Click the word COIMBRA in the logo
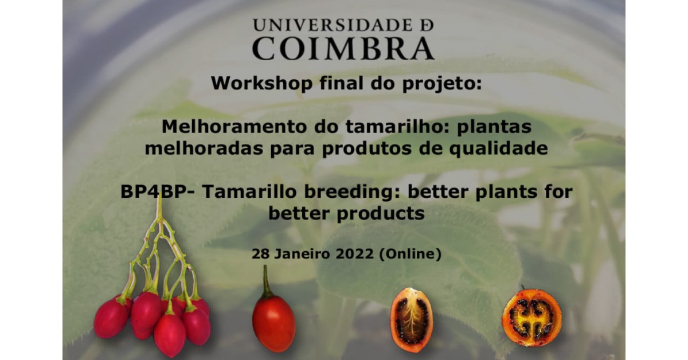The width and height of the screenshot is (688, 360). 343,49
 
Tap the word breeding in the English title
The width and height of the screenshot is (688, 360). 352,191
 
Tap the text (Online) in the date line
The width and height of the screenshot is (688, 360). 411,255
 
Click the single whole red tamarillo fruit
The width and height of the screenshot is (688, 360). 273,323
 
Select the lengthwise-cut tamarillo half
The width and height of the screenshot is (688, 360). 412,319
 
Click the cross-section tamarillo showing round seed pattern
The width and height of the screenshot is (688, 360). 531,318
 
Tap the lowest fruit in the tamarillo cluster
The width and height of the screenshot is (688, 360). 170,335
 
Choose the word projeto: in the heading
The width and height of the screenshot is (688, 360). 441,84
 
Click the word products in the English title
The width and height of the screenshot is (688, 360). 381,213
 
